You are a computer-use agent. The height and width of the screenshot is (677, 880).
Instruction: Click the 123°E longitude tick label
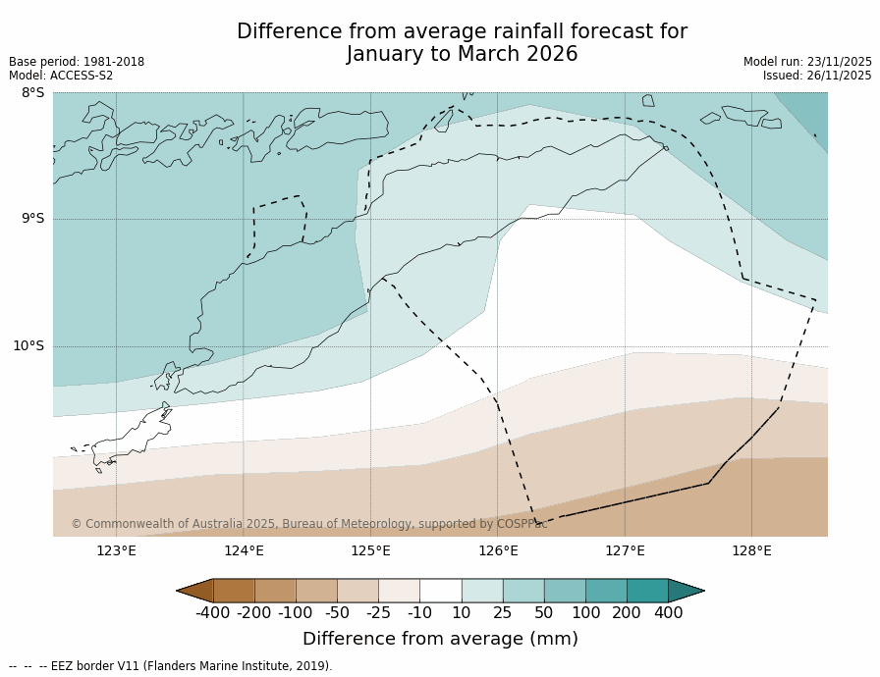[x=116, y=550]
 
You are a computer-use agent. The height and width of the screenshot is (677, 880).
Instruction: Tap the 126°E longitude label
[x=498, y=550]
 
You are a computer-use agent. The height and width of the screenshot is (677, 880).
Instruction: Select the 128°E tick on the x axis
[x=751, y=550]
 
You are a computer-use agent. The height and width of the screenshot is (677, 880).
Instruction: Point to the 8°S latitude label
[x=32, y=93]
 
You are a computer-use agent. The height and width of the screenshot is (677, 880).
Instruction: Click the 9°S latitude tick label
[x=32, y=219]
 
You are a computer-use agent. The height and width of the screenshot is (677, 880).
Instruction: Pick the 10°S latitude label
[x=28, y=345]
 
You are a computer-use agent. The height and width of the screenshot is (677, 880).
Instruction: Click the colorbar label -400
[x=212, y=613]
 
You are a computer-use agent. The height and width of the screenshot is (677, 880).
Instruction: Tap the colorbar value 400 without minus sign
[x=668, y=613]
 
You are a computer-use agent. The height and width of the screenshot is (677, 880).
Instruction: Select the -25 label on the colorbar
[x=378, y=613]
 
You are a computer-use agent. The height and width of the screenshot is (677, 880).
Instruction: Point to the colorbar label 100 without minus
[x=585, y=613]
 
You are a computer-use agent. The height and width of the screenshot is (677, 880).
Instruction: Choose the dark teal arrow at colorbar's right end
[x=686, y=591]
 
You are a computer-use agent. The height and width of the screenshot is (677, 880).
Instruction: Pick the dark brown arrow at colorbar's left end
[x=194, y=591]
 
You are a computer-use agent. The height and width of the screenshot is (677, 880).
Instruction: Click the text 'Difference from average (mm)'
[x=440, y=639]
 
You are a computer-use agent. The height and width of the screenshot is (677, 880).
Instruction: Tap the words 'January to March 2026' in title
[x=462, y=55]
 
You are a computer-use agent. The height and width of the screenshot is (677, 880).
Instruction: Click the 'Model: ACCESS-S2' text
[x=61, y=76]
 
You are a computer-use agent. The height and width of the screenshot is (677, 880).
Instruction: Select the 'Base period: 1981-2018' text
[x=77, y=62]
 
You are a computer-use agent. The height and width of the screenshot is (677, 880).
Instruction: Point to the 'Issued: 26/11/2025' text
[x=817, y=76]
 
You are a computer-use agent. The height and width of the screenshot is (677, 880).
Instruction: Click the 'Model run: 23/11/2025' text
[x=807, y=62]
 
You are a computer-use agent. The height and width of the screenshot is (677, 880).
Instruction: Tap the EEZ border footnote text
[x=171, y=666]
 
